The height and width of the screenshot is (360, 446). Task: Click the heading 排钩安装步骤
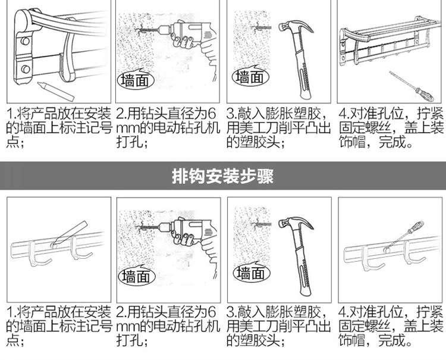222,176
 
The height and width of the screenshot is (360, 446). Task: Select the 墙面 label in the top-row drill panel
136,80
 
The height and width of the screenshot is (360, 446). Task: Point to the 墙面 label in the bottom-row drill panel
136,276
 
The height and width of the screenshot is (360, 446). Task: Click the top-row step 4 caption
390,128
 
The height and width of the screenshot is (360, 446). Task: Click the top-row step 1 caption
58,128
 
